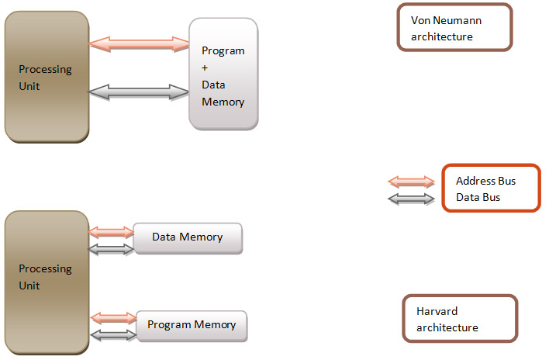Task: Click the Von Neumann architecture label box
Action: point(454,27)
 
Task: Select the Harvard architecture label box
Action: point(460,318)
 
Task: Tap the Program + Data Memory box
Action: point(223,74)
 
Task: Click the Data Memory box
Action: point(188,237)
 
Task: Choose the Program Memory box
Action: point(192,325)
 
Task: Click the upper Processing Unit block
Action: point(46,77)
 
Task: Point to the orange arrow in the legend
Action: point(411,182)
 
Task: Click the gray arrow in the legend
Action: point(411,199)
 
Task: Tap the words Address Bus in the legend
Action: point(485,181)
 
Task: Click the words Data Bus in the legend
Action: point(478,198)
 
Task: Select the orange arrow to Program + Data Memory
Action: point(139,44)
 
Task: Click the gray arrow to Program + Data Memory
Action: point(139,92)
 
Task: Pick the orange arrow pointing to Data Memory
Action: point(112,232)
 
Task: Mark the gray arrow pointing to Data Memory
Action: point(112,249)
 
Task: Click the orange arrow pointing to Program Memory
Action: point(113,317)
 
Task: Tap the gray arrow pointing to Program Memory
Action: point(113,334)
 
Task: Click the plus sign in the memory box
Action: point(205,67)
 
